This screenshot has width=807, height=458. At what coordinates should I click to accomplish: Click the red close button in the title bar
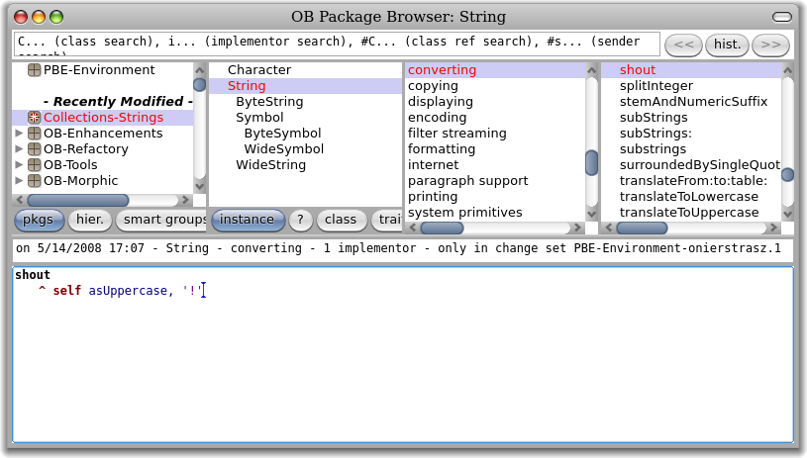pyautogui.click(x=21, y=17)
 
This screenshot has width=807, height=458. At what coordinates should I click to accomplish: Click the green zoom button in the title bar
pyautogui.click(x=56, y=17)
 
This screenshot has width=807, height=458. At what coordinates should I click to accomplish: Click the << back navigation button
pyautogui.click(x=682, y=45)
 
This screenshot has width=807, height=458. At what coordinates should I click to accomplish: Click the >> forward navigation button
pyautogui.click(x=770, y=45)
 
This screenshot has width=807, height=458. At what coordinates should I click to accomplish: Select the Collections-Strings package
pyautogui.click(x=103, y=118)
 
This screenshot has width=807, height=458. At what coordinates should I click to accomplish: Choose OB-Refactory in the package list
pyautogui.click(x=85, y=149)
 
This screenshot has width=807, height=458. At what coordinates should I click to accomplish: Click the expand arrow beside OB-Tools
pyautogui.click(x=20, y=165)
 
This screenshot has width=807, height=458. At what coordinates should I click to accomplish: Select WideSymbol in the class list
pyautogui.click(x=283, y=149)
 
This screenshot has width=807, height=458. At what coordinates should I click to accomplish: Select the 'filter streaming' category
pyautogui.click(x=456, y=134)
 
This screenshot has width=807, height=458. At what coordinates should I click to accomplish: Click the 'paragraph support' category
pyautogui.click(x=467, y=181)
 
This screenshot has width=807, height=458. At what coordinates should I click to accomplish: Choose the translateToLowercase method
pyautogui.click(x=688, y=197)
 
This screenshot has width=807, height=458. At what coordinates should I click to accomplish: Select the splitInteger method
pyautogui.click(x=660, y=86)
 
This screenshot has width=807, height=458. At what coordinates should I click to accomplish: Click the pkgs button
pyautogui.click(x=39, y=220)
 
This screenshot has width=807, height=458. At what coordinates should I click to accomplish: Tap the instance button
pyautogui.click(x=248, y=220)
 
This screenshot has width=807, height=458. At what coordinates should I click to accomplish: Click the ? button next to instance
pyautogui.click(x=300, y=220)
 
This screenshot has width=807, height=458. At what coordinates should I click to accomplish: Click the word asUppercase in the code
pyautogui.click(x=128, y=291)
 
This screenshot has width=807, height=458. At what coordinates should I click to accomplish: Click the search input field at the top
pyautogui.click(x=337, y=44)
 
